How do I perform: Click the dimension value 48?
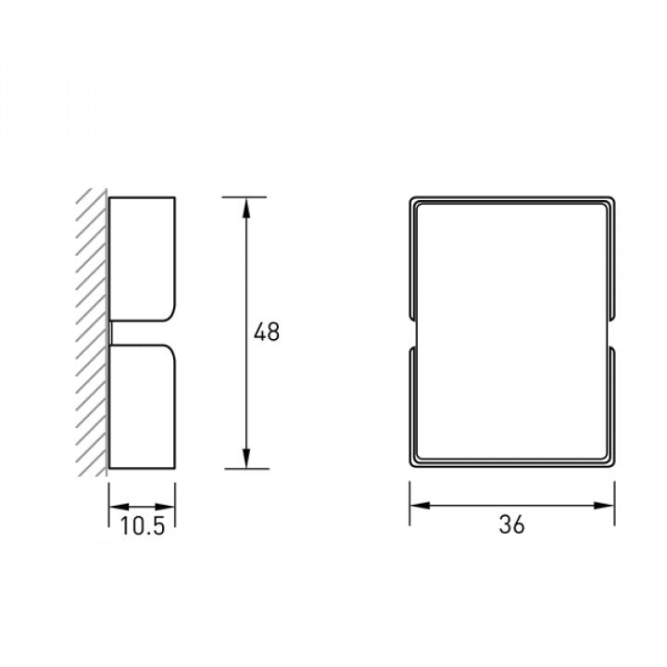(267, 333)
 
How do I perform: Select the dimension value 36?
(511, 524)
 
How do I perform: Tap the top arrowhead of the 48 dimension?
(245, 206)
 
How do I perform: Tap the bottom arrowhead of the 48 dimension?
(245, 459)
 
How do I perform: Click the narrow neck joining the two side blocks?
(111, 333)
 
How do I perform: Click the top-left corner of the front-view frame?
(412, 199)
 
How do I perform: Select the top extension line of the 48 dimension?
(245, 197)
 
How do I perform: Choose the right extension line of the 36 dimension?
(614, 505)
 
